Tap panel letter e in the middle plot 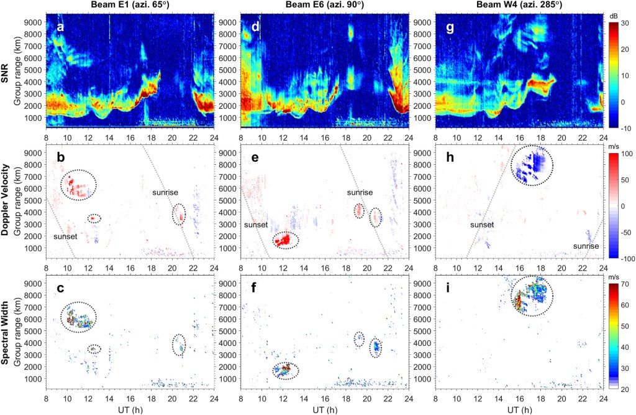(255, 157)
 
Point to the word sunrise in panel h (586, 246)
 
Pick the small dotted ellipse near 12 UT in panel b (94, 218)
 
